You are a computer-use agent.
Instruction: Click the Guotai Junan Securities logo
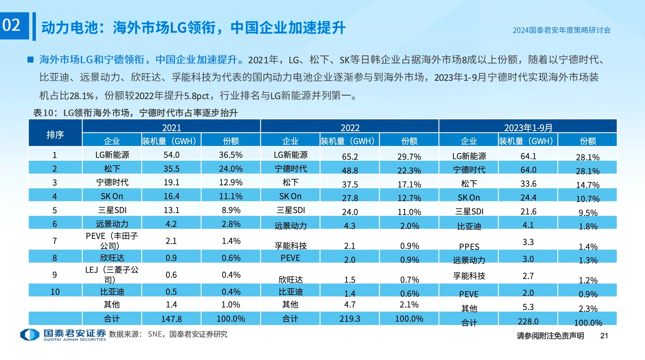pos(63,334)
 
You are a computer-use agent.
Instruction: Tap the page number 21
pos(604,336)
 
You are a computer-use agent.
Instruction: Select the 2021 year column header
pos(171,127)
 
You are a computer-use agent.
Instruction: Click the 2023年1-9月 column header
pos(528,127)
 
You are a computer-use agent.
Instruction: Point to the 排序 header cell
pos(55,134)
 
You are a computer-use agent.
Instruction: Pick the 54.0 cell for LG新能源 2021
pos(171,155)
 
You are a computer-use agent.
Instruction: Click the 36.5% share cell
pos(231,155)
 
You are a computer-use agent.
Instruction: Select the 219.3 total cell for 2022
pos(350,319)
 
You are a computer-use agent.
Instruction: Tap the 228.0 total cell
pos(528,321)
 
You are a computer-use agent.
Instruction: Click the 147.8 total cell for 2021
pos(171,319)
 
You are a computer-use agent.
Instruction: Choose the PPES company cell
pos(469,247)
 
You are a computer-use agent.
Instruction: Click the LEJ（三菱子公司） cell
pos(112,274)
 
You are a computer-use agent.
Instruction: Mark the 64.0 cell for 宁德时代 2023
pos(528,170)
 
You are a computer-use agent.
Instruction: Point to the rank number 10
pos(55,292)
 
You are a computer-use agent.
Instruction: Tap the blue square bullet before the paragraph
pos(30,60)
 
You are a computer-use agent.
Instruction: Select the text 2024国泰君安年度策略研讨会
pos(561,30)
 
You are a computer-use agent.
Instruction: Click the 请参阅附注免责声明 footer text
pos(550,336)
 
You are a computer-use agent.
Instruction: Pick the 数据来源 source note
pos(168,334)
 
